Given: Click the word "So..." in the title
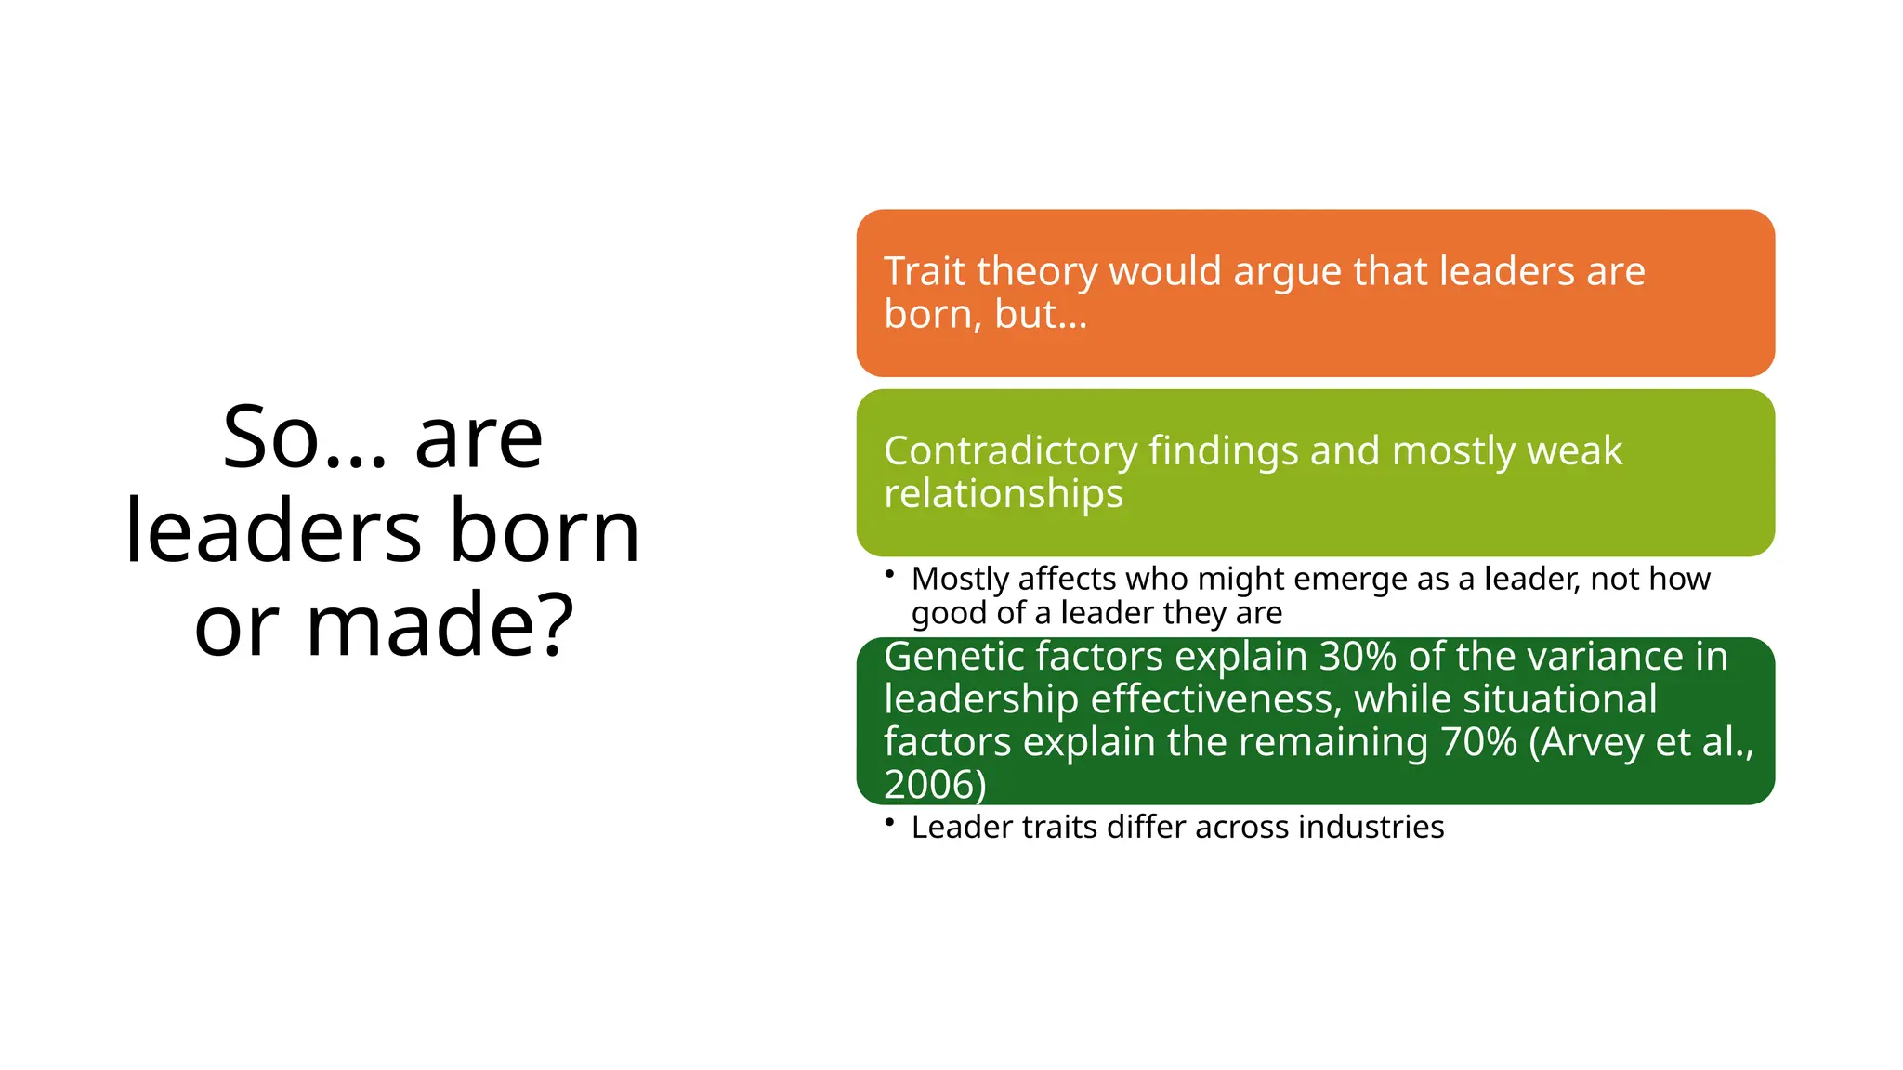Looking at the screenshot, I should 304,438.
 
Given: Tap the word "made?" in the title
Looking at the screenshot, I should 440,625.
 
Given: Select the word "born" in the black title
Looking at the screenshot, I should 545,531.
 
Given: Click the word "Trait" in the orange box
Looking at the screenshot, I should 925,271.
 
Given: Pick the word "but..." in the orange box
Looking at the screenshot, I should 1040,314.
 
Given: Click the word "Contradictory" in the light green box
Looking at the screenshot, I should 1010,451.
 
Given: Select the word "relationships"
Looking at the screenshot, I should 1003,493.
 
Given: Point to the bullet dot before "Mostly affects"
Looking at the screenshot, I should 889,574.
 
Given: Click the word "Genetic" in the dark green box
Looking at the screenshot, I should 954,657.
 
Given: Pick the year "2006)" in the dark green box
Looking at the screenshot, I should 934,785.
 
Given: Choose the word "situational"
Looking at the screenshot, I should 1556,699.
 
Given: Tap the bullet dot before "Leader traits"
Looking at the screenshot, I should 889,822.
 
